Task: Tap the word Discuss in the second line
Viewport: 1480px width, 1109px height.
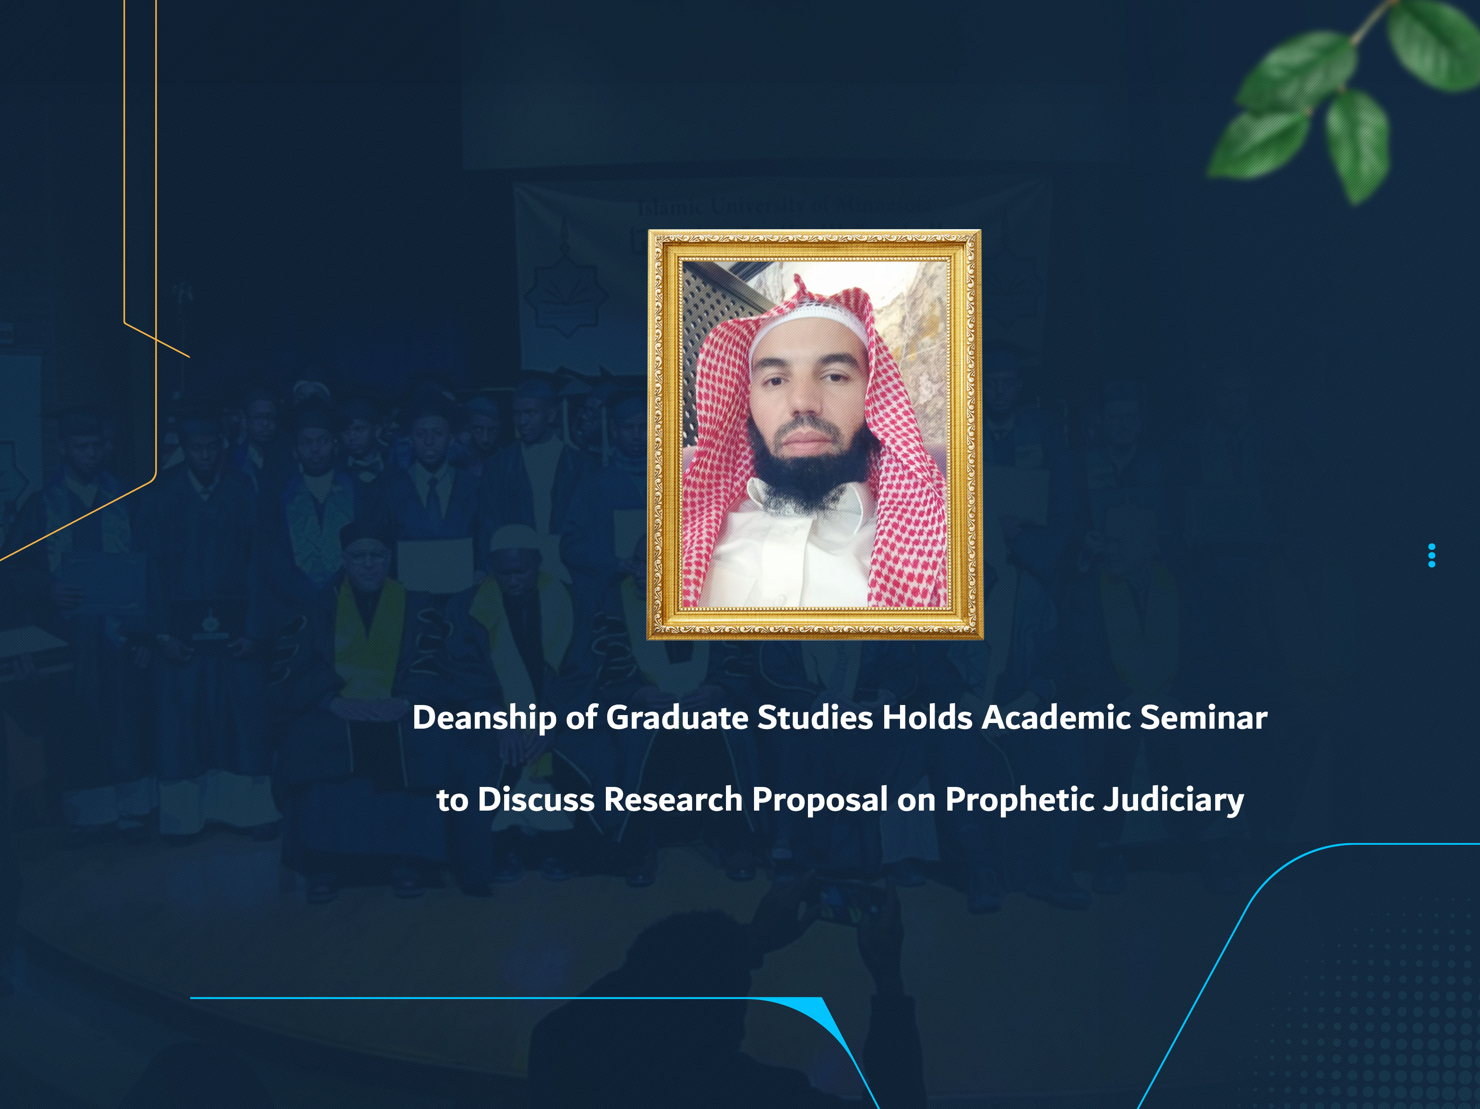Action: point(535,799)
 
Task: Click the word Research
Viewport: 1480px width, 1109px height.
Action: point(672,799)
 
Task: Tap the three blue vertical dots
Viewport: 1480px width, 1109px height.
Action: point(1431,555)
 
